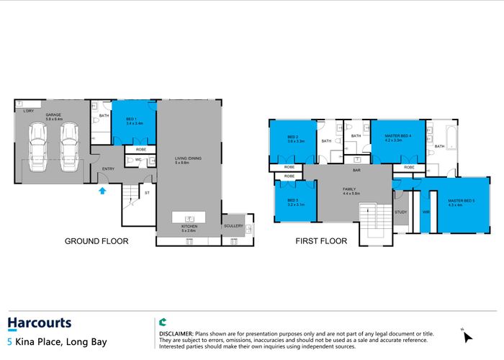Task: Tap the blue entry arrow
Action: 102,190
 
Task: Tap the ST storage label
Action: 147,193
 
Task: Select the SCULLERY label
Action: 234,226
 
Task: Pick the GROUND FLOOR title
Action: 96,241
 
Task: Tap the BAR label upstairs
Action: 356,171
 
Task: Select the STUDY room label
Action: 401,212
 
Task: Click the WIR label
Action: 426,212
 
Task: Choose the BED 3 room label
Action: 292,202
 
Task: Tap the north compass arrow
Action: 468,336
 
